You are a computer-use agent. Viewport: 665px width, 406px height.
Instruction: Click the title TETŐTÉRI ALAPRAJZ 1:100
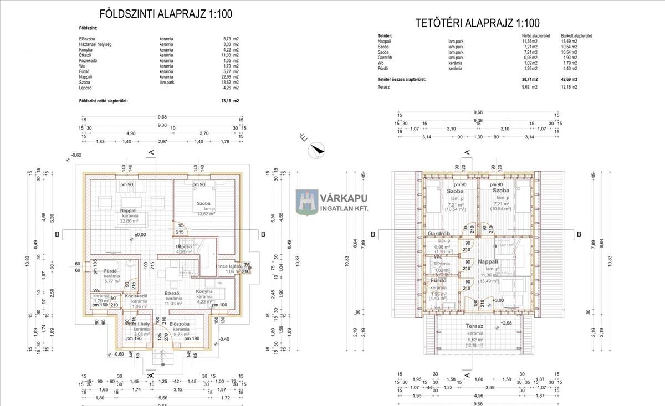click(x=477, y=23)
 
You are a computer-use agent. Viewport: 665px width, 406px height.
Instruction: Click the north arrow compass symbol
click(x=317, y=148)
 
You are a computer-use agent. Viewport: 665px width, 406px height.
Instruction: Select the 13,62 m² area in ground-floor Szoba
click(x=204, y=213)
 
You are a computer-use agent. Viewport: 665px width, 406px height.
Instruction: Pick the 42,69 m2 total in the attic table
click(x=569, y=80)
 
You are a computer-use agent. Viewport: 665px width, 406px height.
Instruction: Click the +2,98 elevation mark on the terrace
click(x=507, y=323)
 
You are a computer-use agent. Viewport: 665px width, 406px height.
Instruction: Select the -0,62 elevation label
click(x=75, y=155)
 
